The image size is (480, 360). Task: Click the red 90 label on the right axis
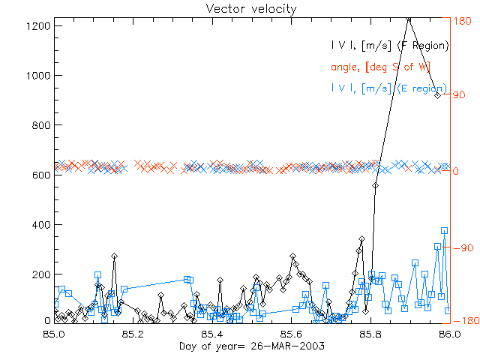[x=458, y=95]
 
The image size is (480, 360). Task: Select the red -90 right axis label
[x=460, y=247]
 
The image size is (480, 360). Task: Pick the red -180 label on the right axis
[x=463, y=321]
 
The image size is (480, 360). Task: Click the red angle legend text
[x=389, y=67]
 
